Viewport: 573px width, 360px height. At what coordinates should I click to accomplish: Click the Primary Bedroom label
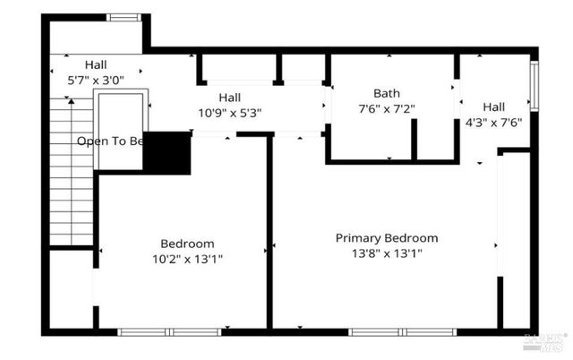[x=386, y=238]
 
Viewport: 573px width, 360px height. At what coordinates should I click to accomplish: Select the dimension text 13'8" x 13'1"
[x=386, y=253]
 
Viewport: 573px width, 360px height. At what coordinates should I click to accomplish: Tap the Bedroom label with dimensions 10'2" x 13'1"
[x=187, y=244]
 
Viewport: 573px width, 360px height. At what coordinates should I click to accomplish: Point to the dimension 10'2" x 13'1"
[x=187, y=259]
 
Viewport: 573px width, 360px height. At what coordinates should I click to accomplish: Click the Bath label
[x=387, y=93]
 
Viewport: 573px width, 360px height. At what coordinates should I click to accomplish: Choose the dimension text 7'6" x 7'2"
[x=387, y=108]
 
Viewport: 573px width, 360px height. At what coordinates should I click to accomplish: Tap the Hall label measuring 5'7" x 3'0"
[x=96, y=64]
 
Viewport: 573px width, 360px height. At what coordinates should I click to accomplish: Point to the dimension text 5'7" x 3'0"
[x=96, y=79]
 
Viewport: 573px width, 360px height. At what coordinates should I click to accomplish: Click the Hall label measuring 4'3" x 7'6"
[x=493, y=106]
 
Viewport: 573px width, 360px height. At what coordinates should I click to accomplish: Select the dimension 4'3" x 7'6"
[x=493, y=121]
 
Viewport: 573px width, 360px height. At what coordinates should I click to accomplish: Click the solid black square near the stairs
[x=167, y=153]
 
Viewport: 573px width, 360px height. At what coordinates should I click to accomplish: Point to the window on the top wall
[x=124, y=17]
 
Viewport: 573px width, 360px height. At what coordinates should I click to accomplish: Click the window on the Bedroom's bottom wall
[x=170, y=331]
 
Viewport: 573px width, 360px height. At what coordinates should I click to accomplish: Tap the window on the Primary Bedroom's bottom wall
[x=375, y=331]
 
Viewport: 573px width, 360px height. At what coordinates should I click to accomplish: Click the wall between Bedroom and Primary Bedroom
[x=269, y=233]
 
